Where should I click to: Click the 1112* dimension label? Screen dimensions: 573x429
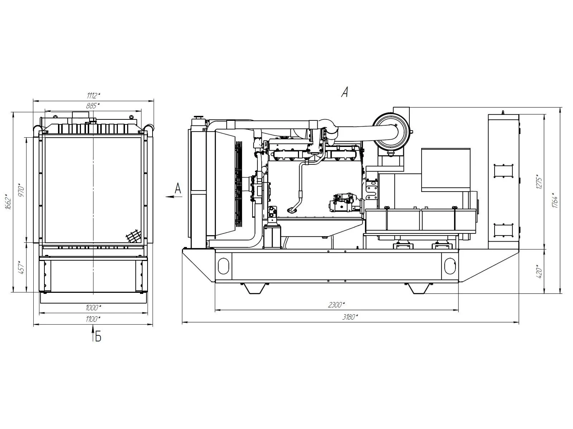pos(93,95)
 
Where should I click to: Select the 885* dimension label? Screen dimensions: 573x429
pos(93,105)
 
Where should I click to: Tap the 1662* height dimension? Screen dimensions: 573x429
pos(8,202)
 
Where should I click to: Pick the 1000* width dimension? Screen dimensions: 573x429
pos(93,307)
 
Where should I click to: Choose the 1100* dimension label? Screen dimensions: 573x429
pos(93,319)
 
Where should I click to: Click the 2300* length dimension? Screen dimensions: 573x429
pos(337,305)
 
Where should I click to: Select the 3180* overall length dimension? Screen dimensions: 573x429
pos(350,317)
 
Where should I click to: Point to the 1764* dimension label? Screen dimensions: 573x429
pos(555,201)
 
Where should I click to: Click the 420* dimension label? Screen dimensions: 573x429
pos(540,272)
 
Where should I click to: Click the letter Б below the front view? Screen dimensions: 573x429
pos(98,337)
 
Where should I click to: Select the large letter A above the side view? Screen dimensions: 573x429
pos(345,92)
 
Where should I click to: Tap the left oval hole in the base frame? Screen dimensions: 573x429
pos(223,266)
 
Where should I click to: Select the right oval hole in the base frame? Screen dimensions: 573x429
pos(450,266)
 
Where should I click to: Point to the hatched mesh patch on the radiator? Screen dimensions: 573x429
pos(134,236)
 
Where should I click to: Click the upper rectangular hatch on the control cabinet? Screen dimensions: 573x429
pos(504,171)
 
